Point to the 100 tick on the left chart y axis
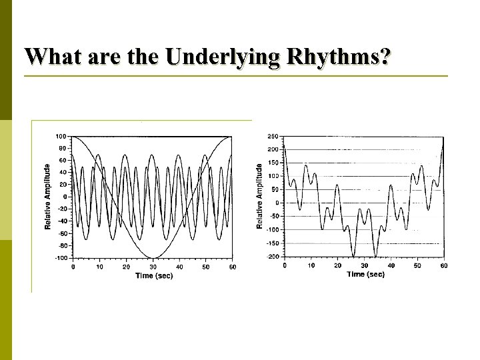(61, 137)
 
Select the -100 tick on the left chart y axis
(60, 258)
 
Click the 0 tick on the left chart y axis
(65, 197)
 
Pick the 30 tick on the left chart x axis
(153, 267)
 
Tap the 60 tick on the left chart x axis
(232, 267)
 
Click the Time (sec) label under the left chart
(154, 276)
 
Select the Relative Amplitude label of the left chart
(48, 197)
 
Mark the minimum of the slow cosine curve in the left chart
(153, 257)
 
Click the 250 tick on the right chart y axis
(273, 137)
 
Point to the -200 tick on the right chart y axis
(272, 257)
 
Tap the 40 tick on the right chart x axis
(391, 265)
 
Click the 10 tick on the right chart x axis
(311, 265)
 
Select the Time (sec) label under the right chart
(365, 274)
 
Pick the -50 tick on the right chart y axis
(274, 217)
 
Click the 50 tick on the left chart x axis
(206, 267)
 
